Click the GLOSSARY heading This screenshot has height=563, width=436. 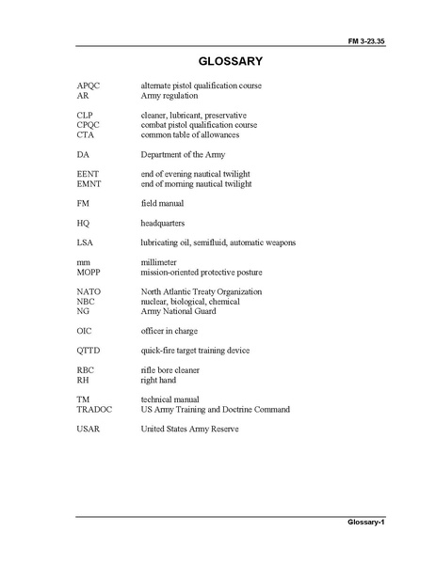click(x=218, y=62)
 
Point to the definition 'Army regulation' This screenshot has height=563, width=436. click(x=170, y=96)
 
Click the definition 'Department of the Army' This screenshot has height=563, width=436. click(x=184, y=154)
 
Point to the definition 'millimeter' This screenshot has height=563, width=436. click(x=161, y=263)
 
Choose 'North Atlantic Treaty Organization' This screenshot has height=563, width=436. click(x=202, y=292)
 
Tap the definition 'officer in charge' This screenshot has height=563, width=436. click(x=176, y=331)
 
